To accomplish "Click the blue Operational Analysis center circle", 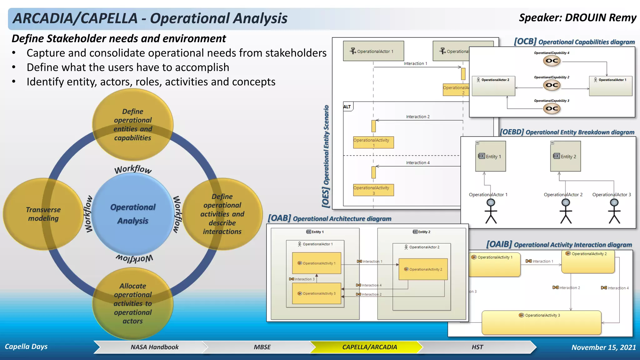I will point(133,214).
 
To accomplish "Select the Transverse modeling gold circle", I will point(43,214).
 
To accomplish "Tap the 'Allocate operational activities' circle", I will point(133,303).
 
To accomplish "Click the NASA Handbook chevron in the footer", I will point(154,347).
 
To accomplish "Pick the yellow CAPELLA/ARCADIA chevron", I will point(369,347).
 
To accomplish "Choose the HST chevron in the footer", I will point(477,347).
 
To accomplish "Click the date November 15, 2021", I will point(603,347).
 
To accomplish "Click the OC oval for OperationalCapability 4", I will point(552,61).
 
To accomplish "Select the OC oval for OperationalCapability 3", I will point(552,109).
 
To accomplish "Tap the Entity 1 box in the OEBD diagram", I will point(490,156).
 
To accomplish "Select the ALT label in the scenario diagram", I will point(347,107).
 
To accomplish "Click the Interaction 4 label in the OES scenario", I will point(417,163).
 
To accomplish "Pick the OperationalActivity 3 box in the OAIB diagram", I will point(541,322).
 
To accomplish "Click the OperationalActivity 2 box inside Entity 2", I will point(423,269).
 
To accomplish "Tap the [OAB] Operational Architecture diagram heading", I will point(329,218).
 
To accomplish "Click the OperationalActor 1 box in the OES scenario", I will point(373,51).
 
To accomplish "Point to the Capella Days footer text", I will point(26,347).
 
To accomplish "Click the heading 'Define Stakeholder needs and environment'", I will point(119,39).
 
